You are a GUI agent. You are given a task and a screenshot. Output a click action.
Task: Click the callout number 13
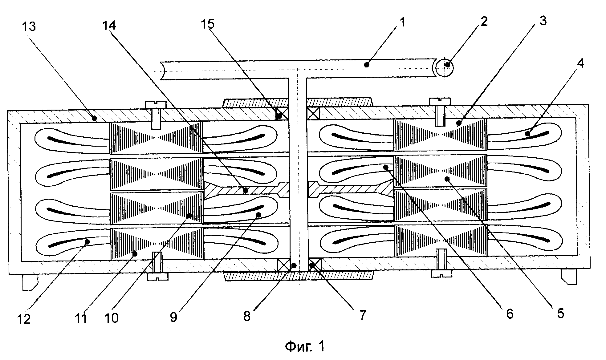tap(29, 27)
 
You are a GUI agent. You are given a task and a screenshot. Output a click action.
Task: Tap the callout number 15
tap(207, 24)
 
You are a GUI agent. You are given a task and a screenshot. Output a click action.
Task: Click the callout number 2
tap(484, 21)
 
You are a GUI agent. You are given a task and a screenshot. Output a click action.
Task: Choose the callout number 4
tap(580, 63)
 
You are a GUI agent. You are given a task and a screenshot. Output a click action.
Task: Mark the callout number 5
tap(560, 313)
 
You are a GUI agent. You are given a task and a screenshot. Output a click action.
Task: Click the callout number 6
tap(510, 314)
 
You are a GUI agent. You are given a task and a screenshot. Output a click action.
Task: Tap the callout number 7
tap(362, 315)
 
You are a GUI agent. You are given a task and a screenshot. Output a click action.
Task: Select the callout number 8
tap(247, 316)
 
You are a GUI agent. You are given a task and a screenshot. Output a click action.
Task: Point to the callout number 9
tap(173, 318)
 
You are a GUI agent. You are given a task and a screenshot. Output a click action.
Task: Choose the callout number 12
tap(24, 319)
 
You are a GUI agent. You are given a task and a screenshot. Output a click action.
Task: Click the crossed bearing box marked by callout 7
tap(315, 264)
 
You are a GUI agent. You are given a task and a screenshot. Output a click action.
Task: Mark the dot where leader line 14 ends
tap(246, 191)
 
